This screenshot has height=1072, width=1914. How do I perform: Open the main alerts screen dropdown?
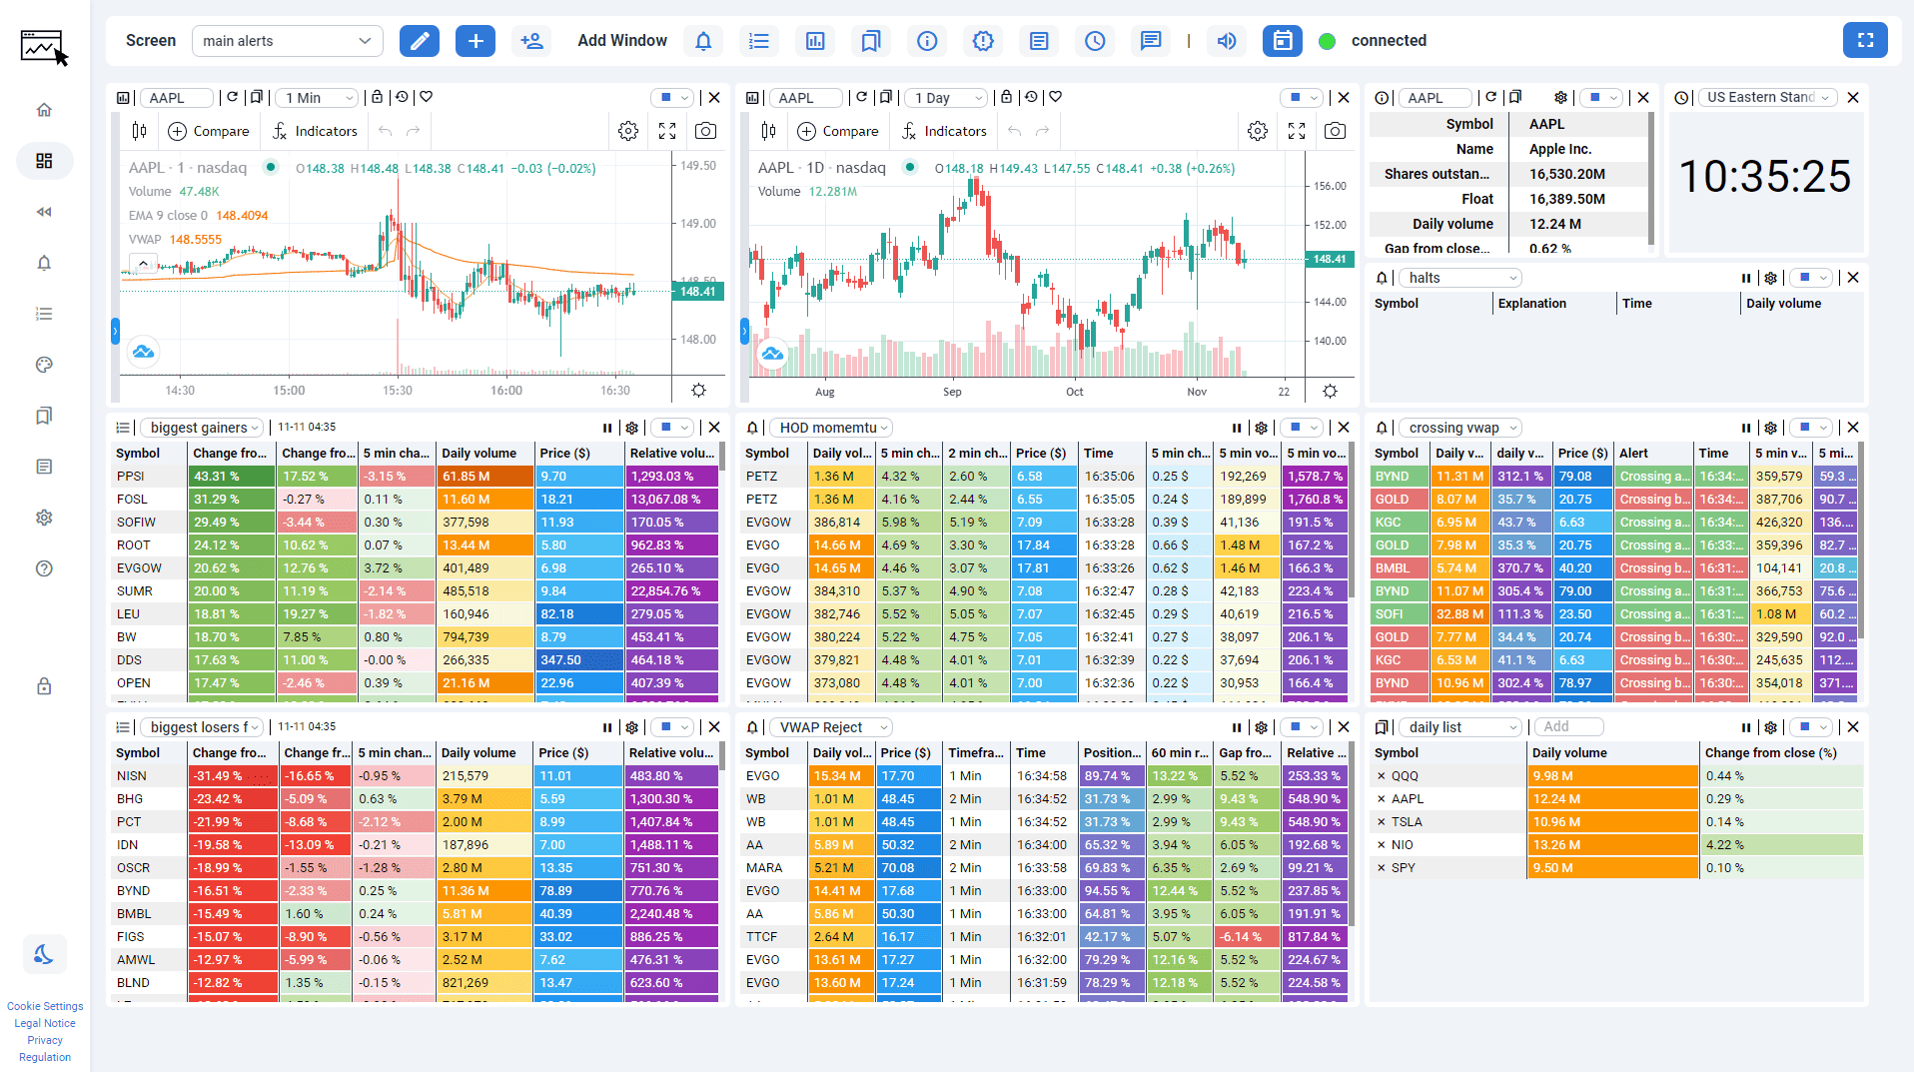[287, 41]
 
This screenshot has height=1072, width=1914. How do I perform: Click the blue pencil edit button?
[420, 41]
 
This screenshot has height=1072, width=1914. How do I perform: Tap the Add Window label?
[621, 41]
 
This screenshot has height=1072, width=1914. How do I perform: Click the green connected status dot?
[1327, 41]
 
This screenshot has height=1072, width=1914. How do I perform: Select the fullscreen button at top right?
[1864, 40]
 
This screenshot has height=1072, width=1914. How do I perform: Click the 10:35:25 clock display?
[1765, 177]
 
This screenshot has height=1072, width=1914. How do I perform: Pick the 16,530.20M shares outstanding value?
[1566, 174]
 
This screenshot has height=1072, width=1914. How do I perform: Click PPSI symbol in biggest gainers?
[131, 477]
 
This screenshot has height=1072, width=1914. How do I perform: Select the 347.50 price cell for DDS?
[561, 660]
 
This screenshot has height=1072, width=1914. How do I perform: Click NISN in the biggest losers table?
[132, 776]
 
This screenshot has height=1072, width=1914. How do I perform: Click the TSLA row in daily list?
[1407, 822]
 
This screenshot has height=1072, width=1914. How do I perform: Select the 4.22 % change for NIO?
[1725, 845]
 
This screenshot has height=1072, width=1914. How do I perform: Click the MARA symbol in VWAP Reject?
[763, 868]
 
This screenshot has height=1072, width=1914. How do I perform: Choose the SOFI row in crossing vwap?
[1391, 614]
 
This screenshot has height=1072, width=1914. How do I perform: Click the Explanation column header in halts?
[1531, 304]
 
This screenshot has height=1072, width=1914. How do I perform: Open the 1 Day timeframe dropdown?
[946, 98]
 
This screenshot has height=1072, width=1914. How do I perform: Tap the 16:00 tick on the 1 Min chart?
[506, 391]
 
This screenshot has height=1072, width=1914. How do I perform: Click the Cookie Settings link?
[45, 1006]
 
